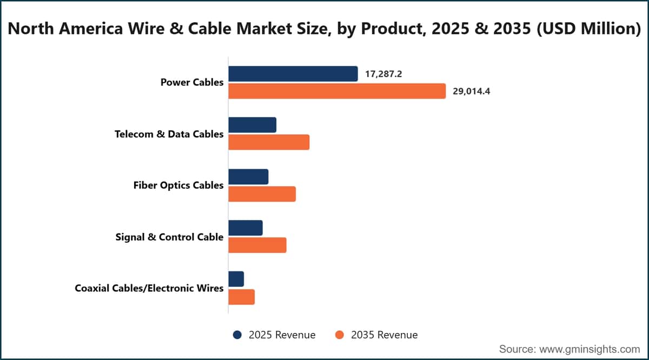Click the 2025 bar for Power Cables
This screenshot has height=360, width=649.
(x=293, y=74)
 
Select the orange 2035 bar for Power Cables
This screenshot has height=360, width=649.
(x=337, y=91)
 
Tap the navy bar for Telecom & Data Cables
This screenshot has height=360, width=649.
(x=253, y=125)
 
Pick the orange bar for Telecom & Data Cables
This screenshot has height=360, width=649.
(x=269, y=142)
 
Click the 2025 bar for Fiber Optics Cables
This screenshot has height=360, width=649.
(x=248, y=177)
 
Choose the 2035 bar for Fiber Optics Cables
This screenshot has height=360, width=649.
(x=262, y=194)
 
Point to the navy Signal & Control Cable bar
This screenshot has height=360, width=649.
(x=246, y=228)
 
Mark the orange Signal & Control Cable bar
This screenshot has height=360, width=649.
(x=257, y=245)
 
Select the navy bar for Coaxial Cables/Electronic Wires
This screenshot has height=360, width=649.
(x=236, y=279)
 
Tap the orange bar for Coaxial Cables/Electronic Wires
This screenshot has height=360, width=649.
(x=242, y=297)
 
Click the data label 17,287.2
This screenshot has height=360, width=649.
(x=383, y=74)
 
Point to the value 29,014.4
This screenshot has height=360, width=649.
(x=472, y=91)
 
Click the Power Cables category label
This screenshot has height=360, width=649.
(x=192, y=82)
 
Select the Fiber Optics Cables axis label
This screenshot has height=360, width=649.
(x=178, y=185)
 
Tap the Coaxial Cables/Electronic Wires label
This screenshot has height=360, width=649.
(x=149, y=288)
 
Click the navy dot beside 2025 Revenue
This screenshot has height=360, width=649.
(x=237, y=335)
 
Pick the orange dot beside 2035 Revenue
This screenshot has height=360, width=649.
(x=340, y=335)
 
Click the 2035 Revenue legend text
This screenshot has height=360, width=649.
(x=385, y=335)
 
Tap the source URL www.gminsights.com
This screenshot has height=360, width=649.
(x=590, y=349)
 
